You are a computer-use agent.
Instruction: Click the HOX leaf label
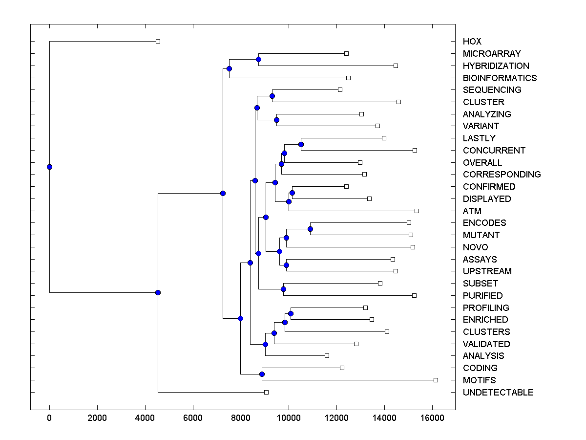(472, 42)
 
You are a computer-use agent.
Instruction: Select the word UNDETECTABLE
(498, 393)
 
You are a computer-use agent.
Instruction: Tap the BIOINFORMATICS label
(500, 78)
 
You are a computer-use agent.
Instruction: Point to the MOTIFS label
(479, 380)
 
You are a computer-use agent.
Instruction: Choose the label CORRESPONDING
(502, 175)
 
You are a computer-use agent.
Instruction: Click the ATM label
(472, 211)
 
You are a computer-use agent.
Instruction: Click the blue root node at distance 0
(49, 167)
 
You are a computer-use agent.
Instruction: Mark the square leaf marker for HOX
(158, 41)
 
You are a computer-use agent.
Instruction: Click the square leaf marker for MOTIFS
(436, 380)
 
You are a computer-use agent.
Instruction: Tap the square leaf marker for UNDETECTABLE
(266, 392)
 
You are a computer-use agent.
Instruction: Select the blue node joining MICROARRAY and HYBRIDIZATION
(258, 59)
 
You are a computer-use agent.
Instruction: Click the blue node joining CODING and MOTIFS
(262, 374)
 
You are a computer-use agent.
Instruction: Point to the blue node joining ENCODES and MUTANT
(310, 229)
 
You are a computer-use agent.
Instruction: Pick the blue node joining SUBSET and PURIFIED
(283, 289)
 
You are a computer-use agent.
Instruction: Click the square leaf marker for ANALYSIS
(327, 355)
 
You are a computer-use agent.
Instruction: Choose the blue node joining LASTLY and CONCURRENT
(301, 144)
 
